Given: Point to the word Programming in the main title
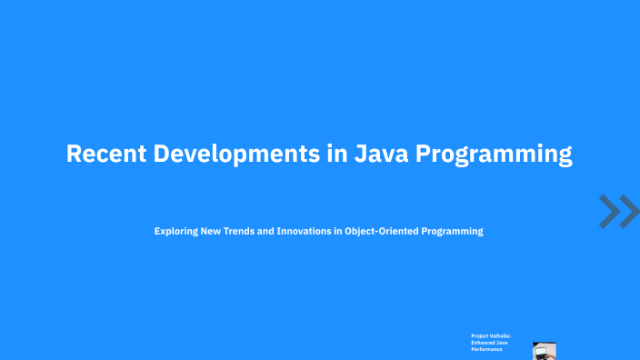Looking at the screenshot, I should (x=495, y=155).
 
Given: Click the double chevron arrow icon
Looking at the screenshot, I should (x=618, y=211).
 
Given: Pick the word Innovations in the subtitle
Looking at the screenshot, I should (x=307, y=231).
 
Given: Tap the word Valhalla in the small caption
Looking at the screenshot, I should (x=500, y=335).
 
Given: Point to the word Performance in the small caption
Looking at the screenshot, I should (x=486, y=348).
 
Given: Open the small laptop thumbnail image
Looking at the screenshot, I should (x=545, y=351).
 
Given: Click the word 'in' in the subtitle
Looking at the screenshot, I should (x=337, y=231).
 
